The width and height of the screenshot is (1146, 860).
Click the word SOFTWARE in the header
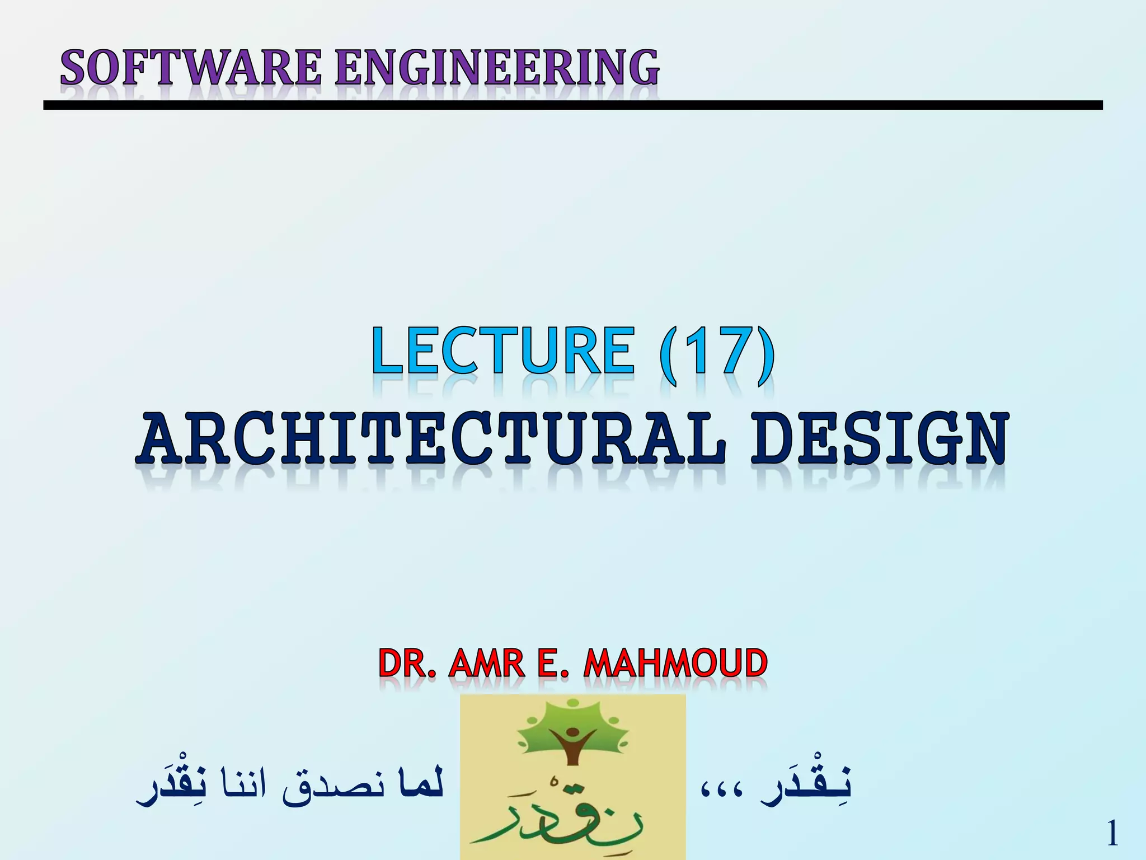tap(190, 67)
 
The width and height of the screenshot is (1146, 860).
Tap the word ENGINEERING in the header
tap(497, 67)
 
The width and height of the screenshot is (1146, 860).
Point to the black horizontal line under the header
tap(573, 105)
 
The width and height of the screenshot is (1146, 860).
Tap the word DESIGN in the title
tap(879, 439)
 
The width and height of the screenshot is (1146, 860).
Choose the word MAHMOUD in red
tap(675, 664)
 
